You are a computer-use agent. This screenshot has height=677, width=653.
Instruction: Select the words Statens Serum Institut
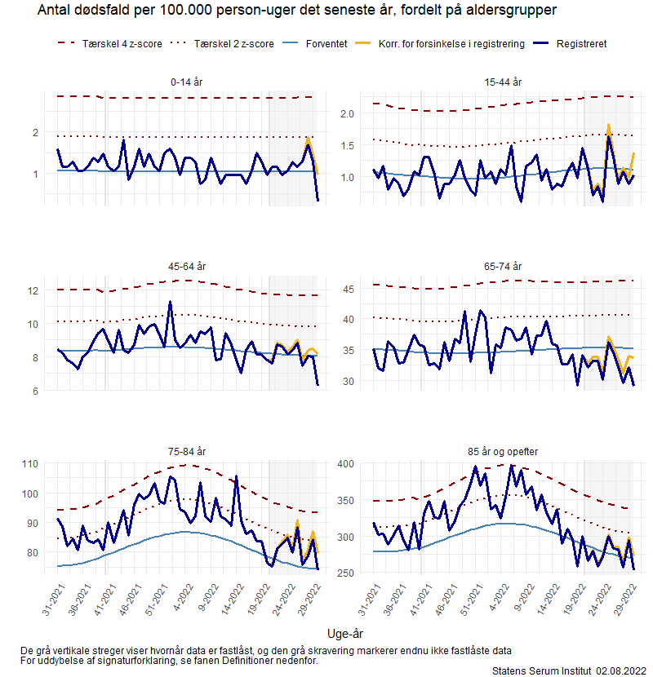540,670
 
